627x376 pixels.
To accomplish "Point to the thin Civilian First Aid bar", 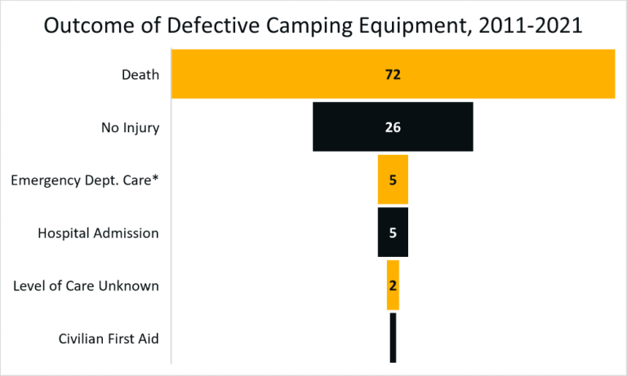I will pyautogui.click(x=393, y=338).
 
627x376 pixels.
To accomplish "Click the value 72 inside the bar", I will pyautogui.click(x=393, y=74).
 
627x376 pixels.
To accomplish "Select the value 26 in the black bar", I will pyautogui.click(x=393, y=127).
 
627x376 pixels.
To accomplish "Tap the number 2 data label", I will pyautogui.click(x=393, y=285).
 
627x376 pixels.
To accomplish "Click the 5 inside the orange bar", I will pyautogui.click(x=393, y=180).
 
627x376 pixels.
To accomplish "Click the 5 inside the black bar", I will pyautogui.click(x=393, y=233).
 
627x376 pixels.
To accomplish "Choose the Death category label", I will pyautogui.click(x=140, y=74).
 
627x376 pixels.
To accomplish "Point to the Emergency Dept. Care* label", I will pyautogui.click(x=85, y=180).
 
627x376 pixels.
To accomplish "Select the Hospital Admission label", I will pyautogui.click(x=98, y=233).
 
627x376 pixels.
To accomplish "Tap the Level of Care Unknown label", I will pyautogui.click(x=87, y=285).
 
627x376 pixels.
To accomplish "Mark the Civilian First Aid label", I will pyautogui.click(x=109, y=338).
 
